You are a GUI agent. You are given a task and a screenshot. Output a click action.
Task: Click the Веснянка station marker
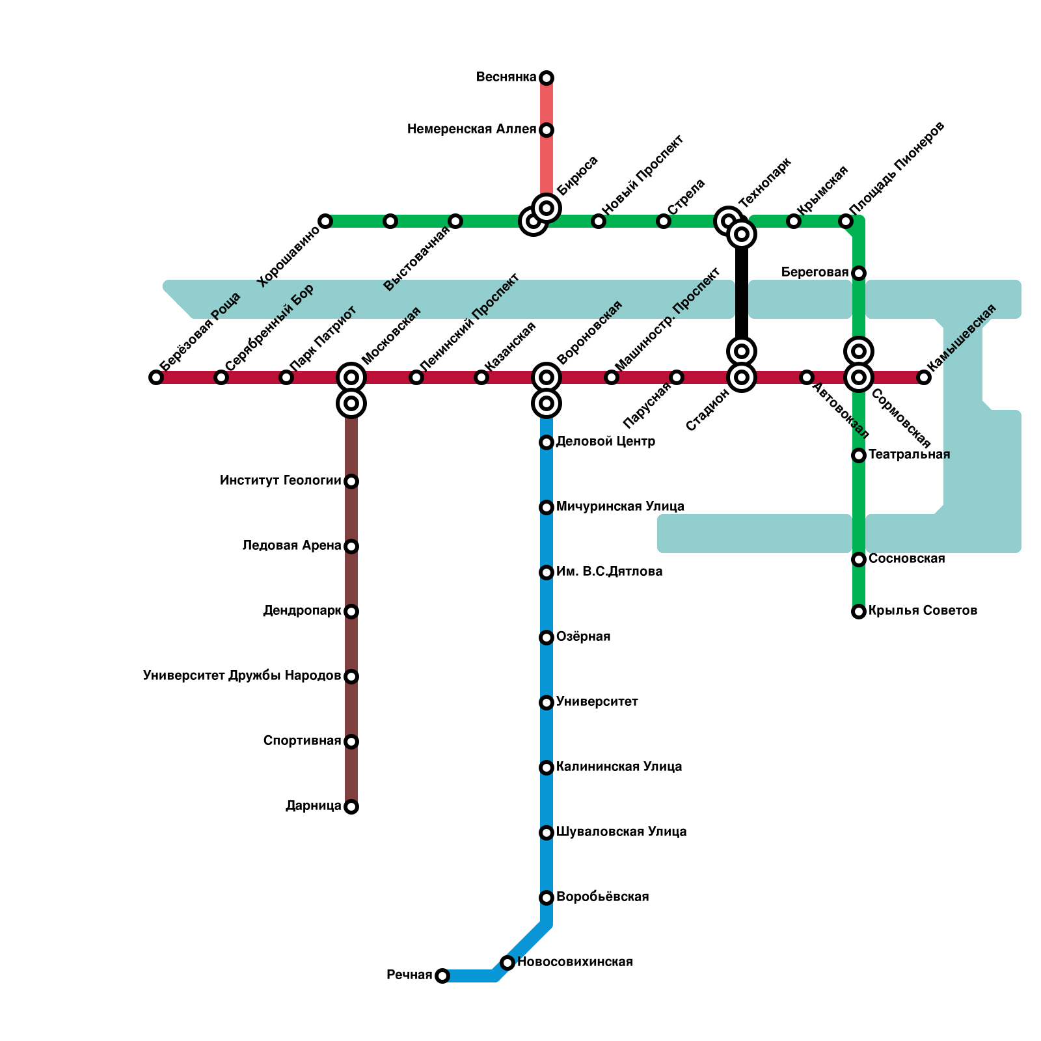click(x=547, y=78)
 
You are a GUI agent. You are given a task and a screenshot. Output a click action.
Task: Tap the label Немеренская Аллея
click(x=472, y=129)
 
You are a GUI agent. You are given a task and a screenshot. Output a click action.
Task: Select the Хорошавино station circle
click(x=325, y=221)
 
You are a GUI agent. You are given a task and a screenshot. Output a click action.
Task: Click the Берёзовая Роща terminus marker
click(x=156, y=377)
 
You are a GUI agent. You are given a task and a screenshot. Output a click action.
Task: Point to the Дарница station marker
click(x=351, y=807)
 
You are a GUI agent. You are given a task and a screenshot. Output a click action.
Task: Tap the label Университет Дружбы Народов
click(x=242, y=676)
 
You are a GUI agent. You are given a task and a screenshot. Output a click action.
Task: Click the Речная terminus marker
click(x=442, y=976)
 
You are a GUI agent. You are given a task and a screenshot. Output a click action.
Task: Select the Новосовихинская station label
click(x=575, y=962)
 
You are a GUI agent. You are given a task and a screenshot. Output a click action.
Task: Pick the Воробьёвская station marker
click(x=547, y=898)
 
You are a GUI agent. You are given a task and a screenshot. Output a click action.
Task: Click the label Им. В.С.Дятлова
click(x=610, y=572)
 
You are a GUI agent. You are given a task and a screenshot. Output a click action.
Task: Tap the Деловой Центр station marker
click(x=547, y=442)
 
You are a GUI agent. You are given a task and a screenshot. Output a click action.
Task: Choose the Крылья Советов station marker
click(x=859, y=612)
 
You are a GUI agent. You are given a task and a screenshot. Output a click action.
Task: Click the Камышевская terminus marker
click(x=924, y=377)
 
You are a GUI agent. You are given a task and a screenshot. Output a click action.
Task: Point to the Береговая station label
click(x=815, y=273)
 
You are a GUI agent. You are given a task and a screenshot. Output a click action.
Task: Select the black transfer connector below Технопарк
click(x=742, y=293)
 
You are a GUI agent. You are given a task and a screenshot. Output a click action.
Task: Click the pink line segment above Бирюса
click(x=547, y=163)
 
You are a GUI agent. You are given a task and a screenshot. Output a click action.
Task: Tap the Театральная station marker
click(x=859, y=455)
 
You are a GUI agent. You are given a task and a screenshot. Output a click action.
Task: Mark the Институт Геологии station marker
click(x=351, y=481)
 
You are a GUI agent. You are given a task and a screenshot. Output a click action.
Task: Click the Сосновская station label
click(x=907, y=559)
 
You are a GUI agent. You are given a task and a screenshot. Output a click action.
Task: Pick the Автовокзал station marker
click(x=807, y=377)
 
